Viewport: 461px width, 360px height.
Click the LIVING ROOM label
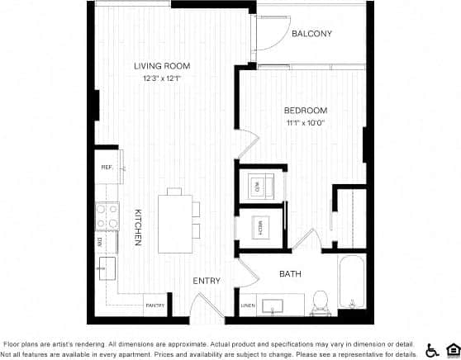coord(163,66)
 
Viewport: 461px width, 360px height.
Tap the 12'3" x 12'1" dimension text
coord(163,79)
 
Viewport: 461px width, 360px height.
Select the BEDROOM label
coord(306,111)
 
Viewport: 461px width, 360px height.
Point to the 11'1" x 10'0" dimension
coord(306,124)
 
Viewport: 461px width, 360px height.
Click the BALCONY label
coord(311,34)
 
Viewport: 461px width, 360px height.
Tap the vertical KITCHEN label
coord(137,227)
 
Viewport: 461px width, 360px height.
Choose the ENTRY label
coord(207,281)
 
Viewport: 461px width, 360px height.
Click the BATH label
coord(290,274)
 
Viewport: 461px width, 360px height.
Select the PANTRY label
coord(155,306)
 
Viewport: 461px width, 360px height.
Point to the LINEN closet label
coord(248,306)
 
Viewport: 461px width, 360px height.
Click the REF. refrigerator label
coord(107,167)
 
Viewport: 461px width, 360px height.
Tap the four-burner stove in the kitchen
coord(107,217)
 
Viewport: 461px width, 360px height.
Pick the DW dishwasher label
coord(99,242)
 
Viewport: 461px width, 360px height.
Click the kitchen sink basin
coord(106,268)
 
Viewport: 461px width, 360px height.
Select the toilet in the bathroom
coord(321,303)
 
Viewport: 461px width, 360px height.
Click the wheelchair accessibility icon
coord(432,349)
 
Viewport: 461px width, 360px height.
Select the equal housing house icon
coord(452,349)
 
